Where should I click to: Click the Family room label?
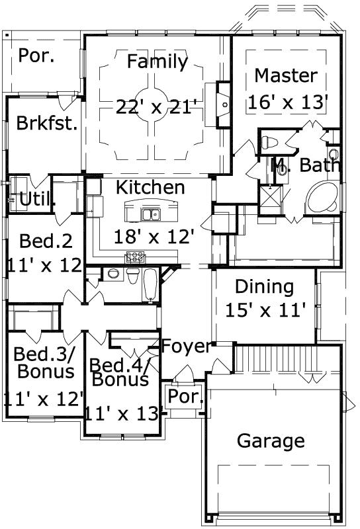coord(157,62)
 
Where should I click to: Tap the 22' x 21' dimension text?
coord(156,106)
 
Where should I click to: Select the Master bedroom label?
coord(285,76)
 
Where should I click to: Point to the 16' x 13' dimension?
coord(288,102)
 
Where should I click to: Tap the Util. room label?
coord(37,198)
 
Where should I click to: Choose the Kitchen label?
coord(150,188)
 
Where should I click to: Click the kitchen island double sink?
coord(151,214)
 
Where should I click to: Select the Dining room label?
coord(264,287)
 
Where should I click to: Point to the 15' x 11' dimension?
coord(265,309)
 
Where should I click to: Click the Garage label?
coord(271,441)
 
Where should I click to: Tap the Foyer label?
coord(187,346)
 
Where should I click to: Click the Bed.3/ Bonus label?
coord(44,362)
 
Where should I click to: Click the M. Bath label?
coord(306,165)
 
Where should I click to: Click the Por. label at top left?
coord(36,56)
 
